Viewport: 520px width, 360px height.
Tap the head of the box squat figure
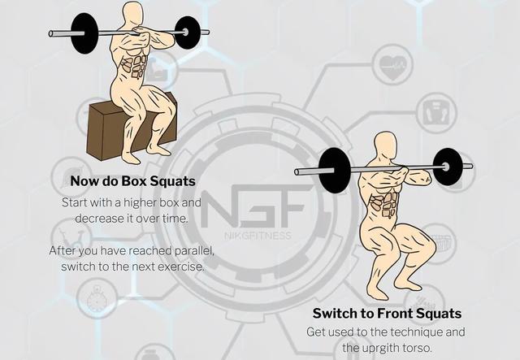[132, 15]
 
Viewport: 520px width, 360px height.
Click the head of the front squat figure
[385, 146]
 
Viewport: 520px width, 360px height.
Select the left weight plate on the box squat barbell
[84, 33]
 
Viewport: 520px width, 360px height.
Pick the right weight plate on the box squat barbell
[188, 33]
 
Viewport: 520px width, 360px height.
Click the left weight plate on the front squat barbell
[334, 170]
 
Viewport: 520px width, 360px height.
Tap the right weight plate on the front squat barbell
[448, 167]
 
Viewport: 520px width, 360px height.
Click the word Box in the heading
[134, 181]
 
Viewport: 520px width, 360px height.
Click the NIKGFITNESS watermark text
[258, 236]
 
